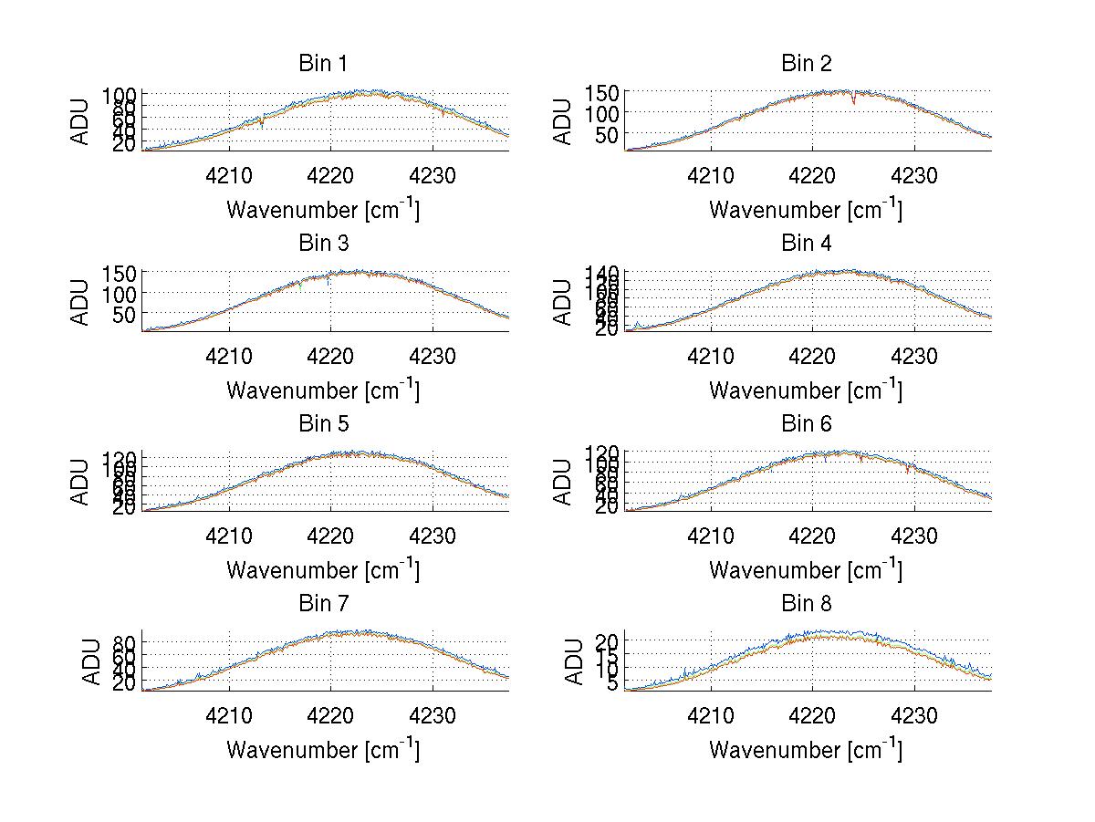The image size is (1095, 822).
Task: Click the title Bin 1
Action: (x=322, y=63)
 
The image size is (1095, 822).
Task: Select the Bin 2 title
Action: (x=807, y=63)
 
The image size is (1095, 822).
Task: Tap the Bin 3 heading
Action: (x=322, y=244)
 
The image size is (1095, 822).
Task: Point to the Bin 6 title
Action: (x=807, y=423)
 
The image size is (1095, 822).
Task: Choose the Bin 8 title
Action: (x=807, y=603)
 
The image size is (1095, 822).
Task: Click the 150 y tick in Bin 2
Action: (x=610, y=92)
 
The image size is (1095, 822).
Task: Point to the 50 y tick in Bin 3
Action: (x=126, y=314)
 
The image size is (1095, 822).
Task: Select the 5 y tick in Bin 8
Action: (x=615, y=682)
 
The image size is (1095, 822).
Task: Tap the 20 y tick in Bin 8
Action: (x=610, y=642)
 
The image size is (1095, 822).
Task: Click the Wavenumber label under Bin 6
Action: (x=806, y=570)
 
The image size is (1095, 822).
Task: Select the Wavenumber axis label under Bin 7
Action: (x=323, y=750)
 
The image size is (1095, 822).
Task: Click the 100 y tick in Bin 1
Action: (x=120, y=95)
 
